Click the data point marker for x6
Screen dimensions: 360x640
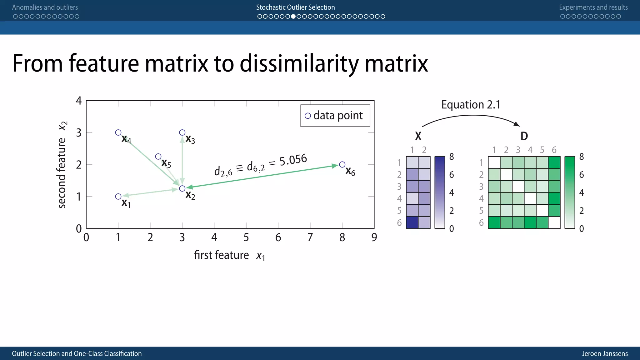(342, 164)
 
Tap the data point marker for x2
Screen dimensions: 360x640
(182, 188)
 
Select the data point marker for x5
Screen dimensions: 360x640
(158, 156)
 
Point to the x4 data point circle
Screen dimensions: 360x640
(118, 132)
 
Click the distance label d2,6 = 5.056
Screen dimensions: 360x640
(260, 165)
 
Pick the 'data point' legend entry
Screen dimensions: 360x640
(335, 116)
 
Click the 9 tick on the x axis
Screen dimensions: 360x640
(374, 237)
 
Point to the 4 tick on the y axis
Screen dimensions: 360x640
(79, 101)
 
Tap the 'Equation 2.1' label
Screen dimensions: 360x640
(471, 104)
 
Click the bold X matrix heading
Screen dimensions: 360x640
(418, 136)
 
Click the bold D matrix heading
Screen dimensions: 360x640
(524, 136)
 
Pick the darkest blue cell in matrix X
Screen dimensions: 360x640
(412, 222)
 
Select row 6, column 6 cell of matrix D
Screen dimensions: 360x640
(554, 222)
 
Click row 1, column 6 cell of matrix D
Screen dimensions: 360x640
(554, 162)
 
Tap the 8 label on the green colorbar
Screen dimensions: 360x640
(581, 157)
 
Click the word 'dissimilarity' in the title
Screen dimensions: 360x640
(299, 64)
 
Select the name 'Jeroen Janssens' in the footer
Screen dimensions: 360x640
(605, 353)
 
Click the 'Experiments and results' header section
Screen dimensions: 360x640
(593, 7)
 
